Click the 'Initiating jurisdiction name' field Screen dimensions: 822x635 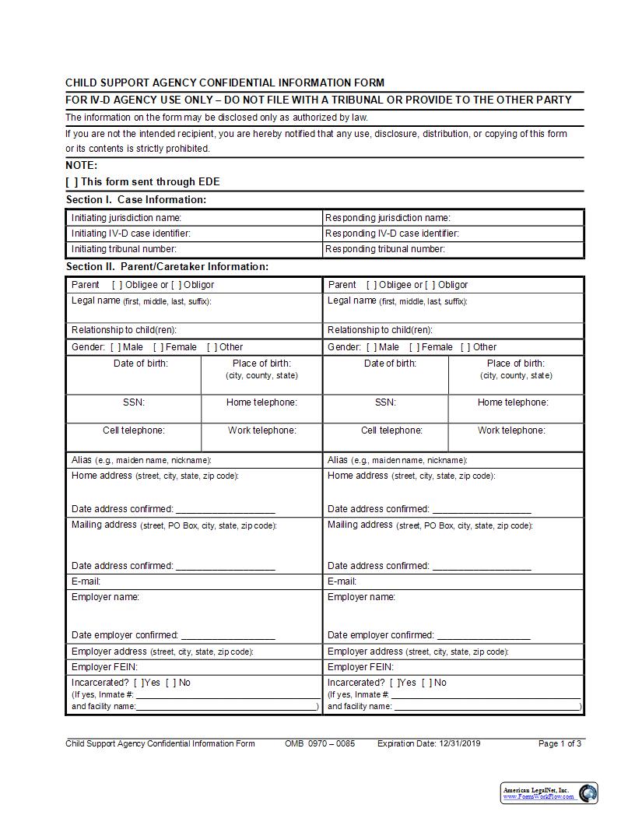point(195,218)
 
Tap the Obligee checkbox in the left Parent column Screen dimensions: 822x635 point(117,285)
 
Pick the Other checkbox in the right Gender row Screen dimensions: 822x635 point(465,347)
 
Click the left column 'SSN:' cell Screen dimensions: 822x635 point(134,409)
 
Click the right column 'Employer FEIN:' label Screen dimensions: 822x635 point(360,667)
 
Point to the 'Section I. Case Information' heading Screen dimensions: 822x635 point(136,200)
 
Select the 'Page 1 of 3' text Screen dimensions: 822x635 point(560,743)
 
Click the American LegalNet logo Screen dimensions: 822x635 point(549,792)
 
